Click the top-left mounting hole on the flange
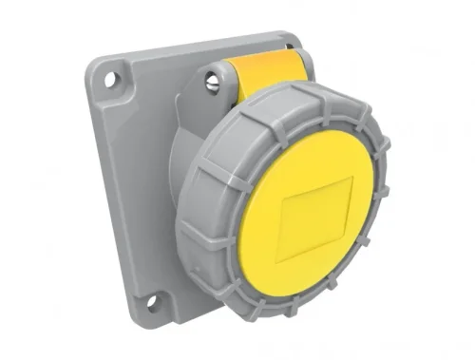(x=114, y=80)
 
